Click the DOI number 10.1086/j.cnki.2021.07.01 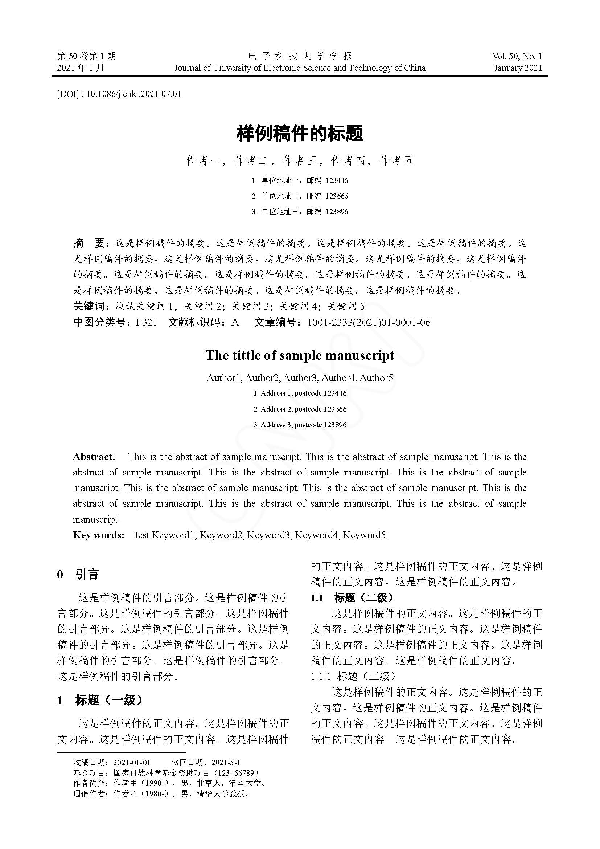[133, 94]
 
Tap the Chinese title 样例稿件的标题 [300, 134]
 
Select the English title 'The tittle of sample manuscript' [300, 355]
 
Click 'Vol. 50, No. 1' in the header [517, 56]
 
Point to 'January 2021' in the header [518, 68]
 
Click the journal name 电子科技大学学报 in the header [300, 56]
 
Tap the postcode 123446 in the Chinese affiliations [337, 181]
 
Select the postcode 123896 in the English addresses [335, 425]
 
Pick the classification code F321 [146, 322]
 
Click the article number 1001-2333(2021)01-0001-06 [369, 322]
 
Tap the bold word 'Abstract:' [94, 457]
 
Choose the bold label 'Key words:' [99, 535]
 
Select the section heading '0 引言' [78, 575]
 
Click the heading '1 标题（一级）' [100, 700]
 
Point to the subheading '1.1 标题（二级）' [352, 598]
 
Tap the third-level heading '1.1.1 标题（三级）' [353, 676]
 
